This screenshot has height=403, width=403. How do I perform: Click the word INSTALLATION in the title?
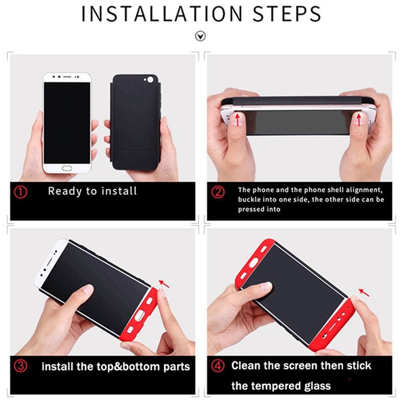point(162,14)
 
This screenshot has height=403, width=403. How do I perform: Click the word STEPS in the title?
point(287,14)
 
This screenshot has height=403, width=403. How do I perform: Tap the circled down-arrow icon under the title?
point(200,36)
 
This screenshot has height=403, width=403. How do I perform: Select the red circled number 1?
point(21,192)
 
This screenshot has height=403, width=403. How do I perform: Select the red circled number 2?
point(218,192)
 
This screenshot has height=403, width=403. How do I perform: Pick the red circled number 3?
point(21,366)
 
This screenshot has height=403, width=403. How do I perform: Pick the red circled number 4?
point(218,366)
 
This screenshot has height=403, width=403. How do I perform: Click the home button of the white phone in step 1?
point(67,168)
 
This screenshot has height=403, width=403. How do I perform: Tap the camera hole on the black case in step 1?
point(150,80)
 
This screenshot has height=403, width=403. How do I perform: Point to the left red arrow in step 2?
point(238,120)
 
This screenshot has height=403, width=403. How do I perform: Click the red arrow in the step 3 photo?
point(164,284)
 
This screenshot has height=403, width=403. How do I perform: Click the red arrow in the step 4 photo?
point(364,293)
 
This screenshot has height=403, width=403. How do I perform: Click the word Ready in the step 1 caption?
point(65,192)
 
